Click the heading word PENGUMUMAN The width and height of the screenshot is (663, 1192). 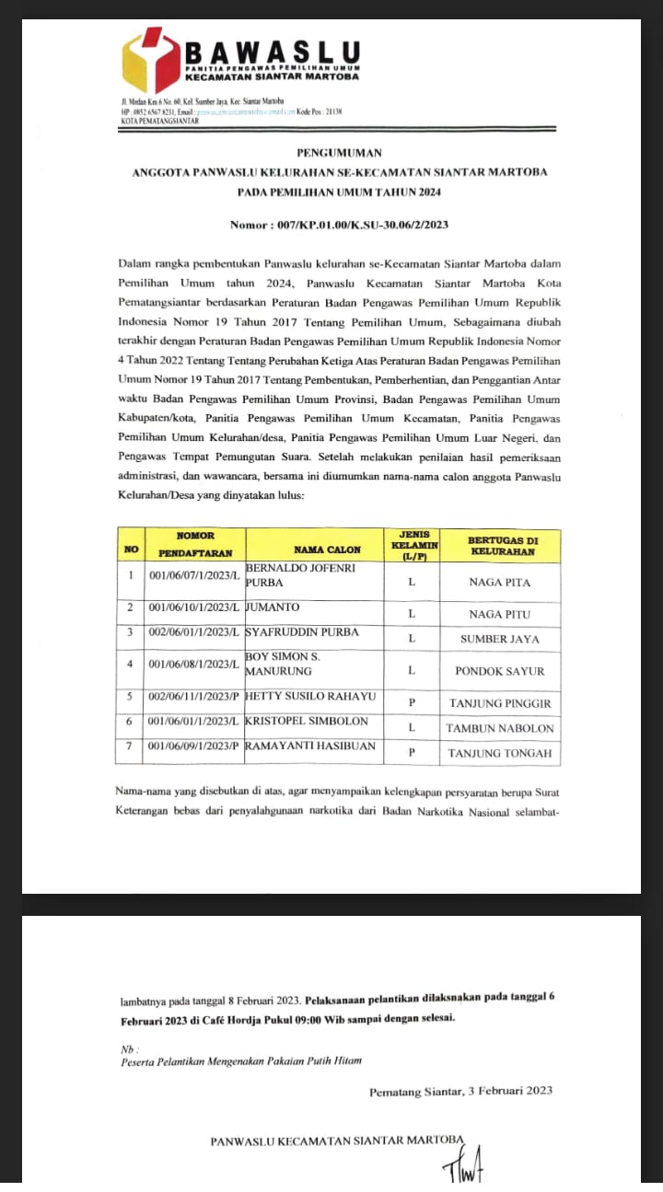coord(339,153)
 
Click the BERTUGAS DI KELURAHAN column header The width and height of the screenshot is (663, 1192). coord(501,545)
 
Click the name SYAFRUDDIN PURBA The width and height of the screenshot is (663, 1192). coord(303,632)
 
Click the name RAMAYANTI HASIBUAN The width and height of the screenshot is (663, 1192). coord(312,746)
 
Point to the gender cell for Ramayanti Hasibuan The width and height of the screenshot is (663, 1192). coord(412,753)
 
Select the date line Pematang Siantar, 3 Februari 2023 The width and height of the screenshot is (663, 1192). coord(460,1092)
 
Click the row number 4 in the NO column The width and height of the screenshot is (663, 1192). coord(131,665)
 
